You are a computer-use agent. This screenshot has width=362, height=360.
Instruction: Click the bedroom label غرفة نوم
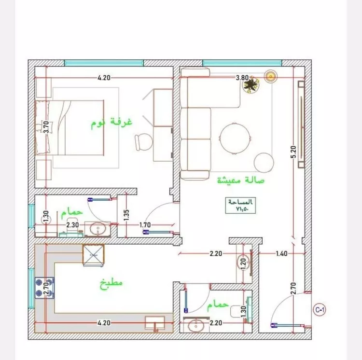coord(111,123)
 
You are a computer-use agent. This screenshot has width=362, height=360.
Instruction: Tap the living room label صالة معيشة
coord(241,181)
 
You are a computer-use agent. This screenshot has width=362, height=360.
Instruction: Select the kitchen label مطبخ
coord(111,283)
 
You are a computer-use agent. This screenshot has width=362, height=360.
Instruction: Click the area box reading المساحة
coord(240,206)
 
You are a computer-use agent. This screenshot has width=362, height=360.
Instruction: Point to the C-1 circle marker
coord(319,309)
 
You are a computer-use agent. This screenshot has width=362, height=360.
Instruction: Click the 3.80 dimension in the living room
coord(242,77)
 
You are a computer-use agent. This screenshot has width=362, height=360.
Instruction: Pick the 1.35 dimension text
coord(126,215)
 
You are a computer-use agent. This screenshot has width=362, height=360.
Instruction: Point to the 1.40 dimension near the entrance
coord(282,253)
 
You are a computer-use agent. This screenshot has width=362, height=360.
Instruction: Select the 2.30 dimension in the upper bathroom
coord(72,224)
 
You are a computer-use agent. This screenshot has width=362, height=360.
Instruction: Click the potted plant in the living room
coord(251,85)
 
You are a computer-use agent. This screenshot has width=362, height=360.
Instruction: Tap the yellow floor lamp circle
coord(271,76)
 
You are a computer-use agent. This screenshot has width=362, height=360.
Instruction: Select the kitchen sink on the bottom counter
coord(155,322)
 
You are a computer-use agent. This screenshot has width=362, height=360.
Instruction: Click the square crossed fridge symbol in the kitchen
coord(93,255)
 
